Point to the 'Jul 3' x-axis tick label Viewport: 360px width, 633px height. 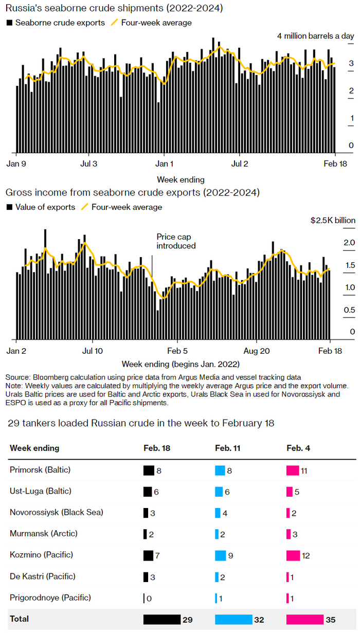tap(89, 165)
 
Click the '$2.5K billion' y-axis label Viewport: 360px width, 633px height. tap(333, 220)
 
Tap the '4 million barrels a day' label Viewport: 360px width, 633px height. tap(315, 36)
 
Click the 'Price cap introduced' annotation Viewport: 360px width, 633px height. tap(176, 241)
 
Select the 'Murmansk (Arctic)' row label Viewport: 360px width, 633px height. tap(41, 534)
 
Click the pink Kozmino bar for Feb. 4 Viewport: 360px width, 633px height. tap(293, 555)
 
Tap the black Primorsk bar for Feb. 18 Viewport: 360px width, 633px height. tap(149, 470)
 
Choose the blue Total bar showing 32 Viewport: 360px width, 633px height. tap(233, 620)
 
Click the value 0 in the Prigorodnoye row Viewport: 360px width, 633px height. tap(150, 598)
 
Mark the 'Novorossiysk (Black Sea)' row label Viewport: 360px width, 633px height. tap(57, 513)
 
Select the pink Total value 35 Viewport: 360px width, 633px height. tap(331, 620)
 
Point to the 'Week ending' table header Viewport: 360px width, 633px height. tap(34, 448)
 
